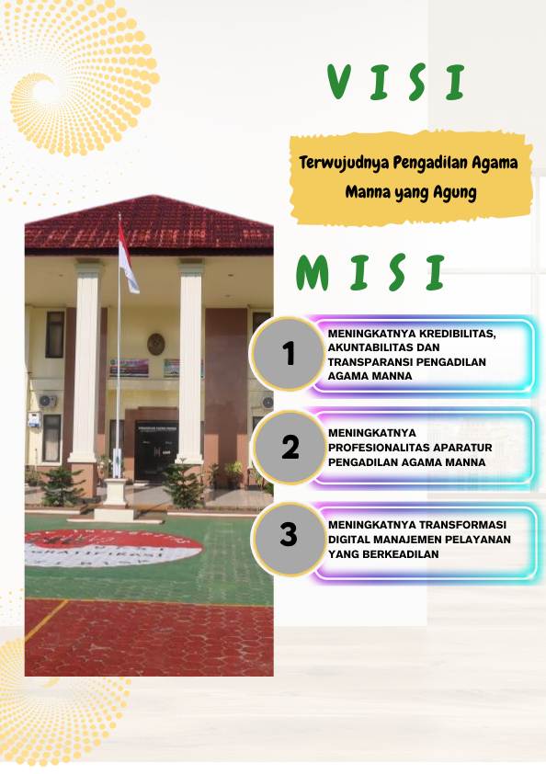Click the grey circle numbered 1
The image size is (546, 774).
point(290,353)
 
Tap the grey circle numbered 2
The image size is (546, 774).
point(290,448)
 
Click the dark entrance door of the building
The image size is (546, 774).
point(155,450)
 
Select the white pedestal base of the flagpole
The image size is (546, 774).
point(116,494)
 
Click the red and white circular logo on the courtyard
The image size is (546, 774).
point(110,550)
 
